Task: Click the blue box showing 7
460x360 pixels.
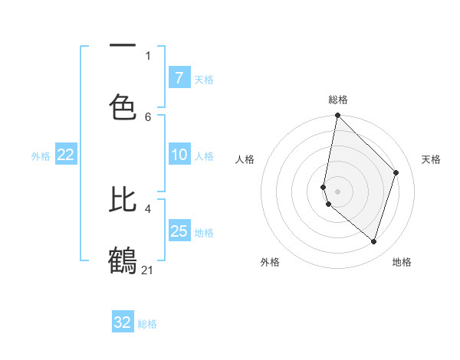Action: coord(179,77)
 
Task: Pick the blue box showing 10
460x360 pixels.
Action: coord(179,155)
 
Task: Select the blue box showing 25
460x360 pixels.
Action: coord(179,231)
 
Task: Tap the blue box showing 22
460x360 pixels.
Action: coord(65,155)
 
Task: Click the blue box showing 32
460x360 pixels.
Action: coord(123,322)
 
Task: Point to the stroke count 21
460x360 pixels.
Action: coord(148,270)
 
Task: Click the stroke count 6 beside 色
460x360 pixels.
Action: coord(148,116)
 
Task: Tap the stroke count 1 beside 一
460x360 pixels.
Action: coord(148,55)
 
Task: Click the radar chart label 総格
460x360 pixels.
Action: coord(338,100)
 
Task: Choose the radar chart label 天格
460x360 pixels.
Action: coord(431,159)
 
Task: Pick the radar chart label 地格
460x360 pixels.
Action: coord(402,262)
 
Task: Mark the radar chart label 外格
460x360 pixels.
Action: coord(270,262)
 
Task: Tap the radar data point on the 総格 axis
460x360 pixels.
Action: coord(337,115)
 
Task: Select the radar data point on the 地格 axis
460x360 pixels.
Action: coord(373,241)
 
